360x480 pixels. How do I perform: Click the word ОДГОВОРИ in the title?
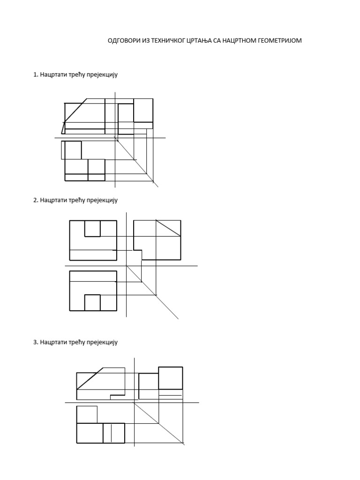tap(124, 40)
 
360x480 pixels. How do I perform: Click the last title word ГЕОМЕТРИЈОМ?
tap(280, 40)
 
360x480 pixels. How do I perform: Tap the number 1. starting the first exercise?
tap(36, 75)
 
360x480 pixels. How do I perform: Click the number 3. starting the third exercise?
tap(36, 342)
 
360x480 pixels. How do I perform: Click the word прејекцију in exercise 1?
tap(102, 75)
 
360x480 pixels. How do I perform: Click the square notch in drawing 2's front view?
tap(92, 228)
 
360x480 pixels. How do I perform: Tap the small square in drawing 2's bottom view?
tap(92, 303)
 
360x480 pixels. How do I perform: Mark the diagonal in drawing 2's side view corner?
tap(168, 228)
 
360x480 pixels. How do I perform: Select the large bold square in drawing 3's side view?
tap(171, 378)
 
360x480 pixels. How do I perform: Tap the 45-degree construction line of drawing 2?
tap(152, 292)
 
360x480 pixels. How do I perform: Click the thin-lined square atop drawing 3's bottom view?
tap(87, 414)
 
